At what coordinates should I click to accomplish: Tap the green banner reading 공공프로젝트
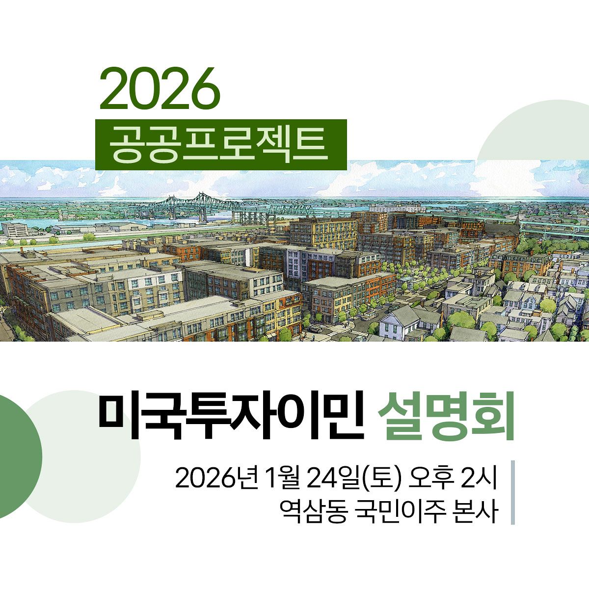coord(220,145)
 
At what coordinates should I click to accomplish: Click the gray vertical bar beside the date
coord(512,492)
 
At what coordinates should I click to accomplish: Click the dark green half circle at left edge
coord(20,456)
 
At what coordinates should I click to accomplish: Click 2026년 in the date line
coord(216,478)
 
